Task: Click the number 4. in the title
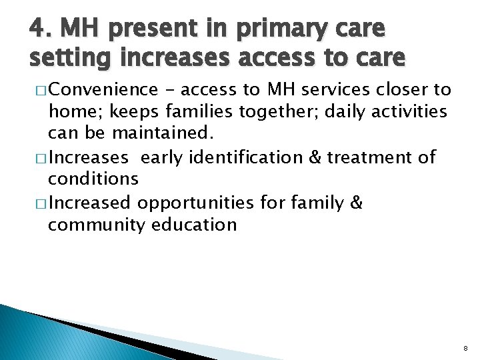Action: [40, 29]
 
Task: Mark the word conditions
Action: [93, 179]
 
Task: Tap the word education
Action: [195, 224]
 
